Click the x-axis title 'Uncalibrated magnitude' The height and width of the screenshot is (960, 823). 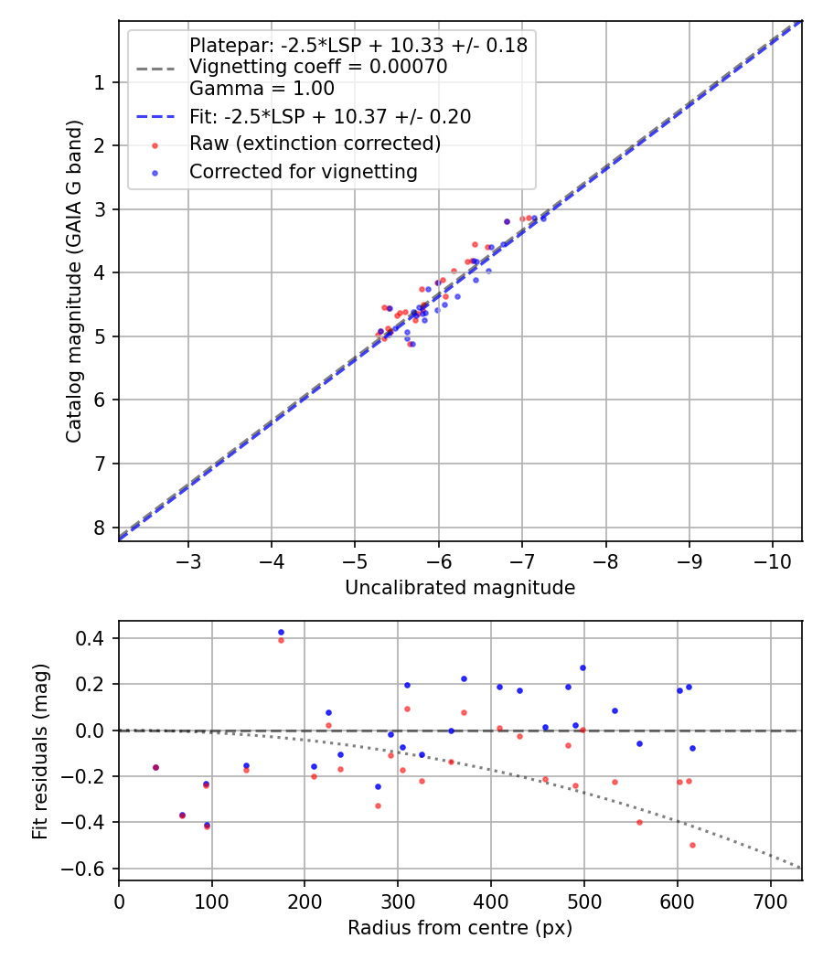tap(459, 588)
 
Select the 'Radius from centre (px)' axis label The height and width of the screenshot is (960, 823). tap(459, 927)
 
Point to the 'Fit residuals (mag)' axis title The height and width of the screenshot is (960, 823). tap(39, 751)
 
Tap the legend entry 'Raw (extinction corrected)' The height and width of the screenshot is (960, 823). tap(315, 144)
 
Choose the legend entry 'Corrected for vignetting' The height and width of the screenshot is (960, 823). tap(303, 171)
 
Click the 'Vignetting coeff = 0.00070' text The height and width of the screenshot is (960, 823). tap(317, 67)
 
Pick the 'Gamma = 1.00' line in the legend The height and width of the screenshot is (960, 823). tap(262, 89)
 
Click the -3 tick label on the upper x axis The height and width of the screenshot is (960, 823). tap(188, 560)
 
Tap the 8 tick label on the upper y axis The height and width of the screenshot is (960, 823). tap(99, 528)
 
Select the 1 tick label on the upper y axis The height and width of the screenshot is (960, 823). tap(99, 82)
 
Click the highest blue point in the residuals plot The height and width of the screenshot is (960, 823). tap(281, 632)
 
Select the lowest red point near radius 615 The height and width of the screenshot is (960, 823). tap(692, 845)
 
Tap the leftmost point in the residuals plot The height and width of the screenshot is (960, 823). tap(155, 767)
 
